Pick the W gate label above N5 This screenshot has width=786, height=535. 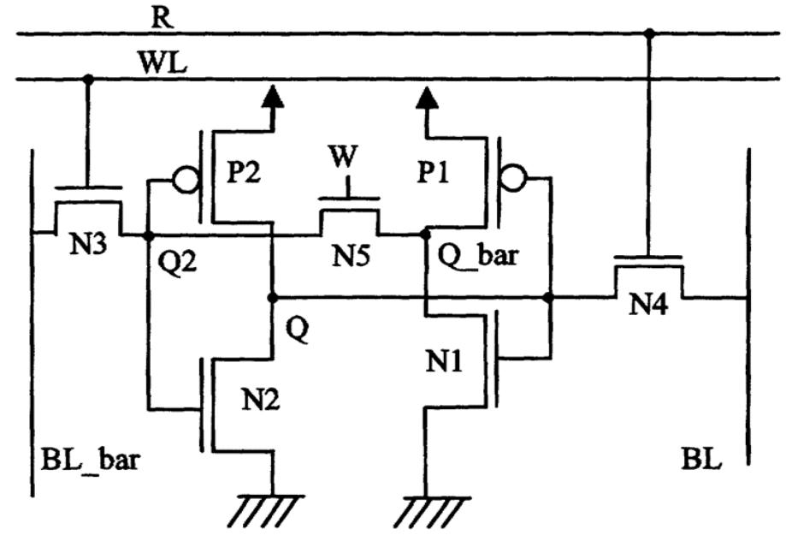[x=347, y=158]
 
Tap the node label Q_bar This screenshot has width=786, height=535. [x=476, y=256]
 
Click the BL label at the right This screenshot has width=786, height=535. [x=702, y=463]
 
